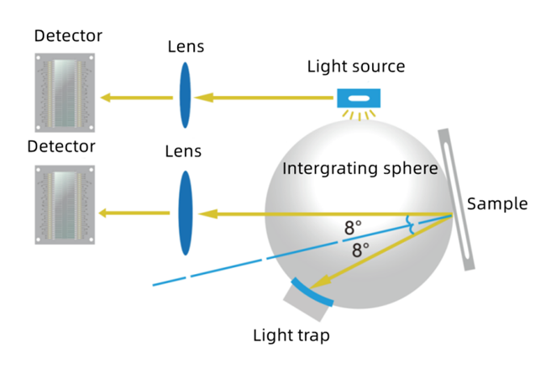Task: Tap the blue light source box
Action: [x=359, y=98]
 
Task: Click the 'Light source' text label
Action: [x=356, y=66]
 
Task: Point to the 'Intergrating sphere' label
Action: [x=360, y=168]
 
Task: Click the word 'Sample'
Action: [x=497, y=203]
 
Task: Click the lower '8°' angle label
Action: [x=362, y=250]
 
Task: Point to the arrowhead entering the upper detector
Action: [x=107, y=97]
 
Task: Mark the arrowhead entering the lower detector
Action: [x=107, y=213]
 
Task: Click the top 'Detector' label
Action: [x=68, y=36]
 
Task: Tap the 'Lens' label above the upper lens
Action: [x=186, y=45]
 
